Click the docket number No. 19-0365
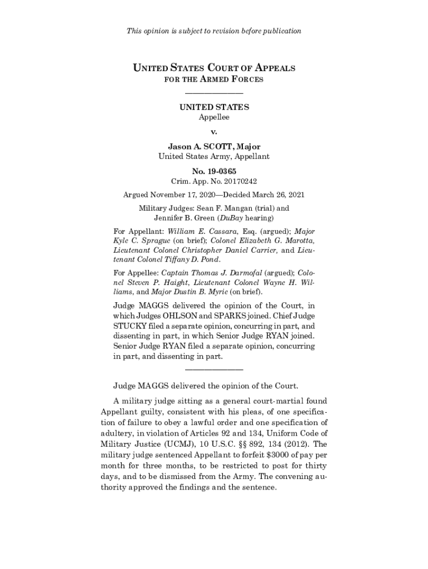coord(214,171)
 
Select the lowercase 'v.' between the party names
coord(214,132)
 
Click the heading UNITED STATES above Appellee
coord(214,107)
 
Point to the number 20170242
coord(240,181)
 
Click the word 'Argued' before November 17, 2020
coord(136,195)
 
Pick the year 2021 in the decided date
coord(295,195)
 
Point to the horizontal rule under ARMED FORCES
coord(214,93)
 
